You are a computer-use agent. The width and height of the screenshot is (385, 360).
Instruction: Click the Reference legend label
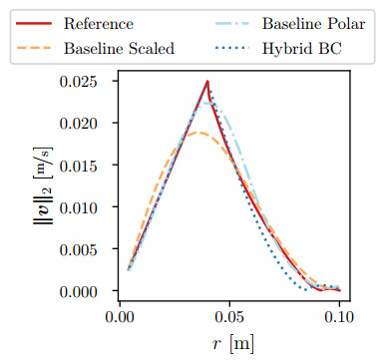click(98, 22)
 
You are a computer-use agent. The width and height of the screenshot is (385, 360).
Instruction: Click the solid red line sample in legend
click(34, 22)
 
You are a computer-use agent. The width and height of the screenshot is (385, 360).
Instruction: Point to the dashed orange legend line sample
click(34, 46)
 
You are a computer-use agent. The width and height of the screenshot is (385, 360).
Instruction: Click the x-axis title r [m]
click(229, 344)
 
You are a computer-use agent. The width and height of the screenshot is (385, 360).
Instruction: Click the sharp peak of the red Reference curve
click(207, 82)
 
